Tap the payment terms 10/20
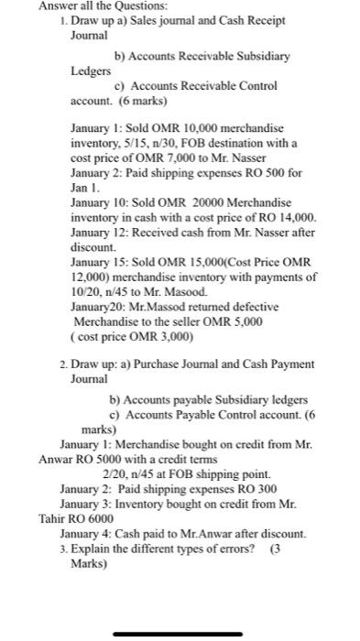point(87,291)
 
